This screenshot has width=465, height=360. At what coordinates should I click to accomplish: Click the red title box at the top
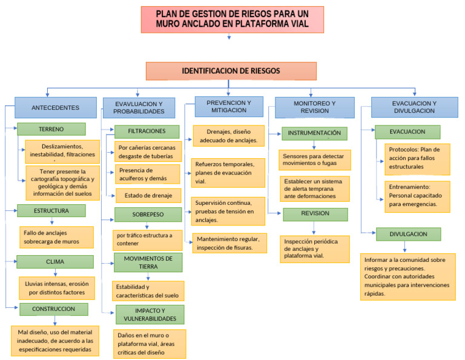[232, 19]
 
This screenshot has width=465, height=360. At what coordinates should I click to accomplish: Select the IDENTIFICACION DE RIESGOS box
[231, 71]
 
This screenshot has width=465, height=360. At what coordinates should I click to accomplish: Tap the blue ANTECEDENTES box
[55, 107]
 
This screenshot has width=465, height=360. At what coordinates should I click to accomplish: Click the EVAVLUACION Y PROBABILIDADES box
[139, 107]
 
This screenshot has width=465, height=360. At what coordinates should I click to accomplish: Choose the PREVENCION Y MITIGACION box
[228, 106]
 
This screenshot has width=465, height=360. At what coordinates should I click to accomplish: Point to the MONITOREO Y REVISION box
[314, 107]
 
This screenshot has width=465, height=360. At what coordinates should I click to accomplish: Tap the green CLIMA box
[55, 262]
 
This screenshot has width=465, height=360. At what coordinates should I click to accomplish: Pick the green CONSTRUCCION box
[55, 309]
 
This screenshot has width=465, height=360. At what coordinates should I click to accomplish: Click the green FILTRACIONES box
[147, 132]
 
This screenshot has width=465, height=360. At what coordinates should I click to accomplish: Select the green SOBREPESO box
[148, 215]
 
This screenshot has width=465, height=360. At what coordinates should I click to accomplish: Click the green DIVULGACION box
[408, 234]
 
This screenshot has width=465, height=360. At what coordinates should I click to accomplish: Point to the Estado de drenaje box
[148, 195]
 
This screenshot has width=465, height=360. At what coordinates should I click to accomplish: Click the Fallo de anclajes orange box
[56, 237]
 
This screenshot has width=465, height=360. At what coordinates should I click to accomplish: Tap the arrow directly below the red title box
[229, 38]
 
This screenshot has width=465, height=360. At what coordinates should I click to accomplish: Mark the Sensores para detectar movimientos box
[314, 159]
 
